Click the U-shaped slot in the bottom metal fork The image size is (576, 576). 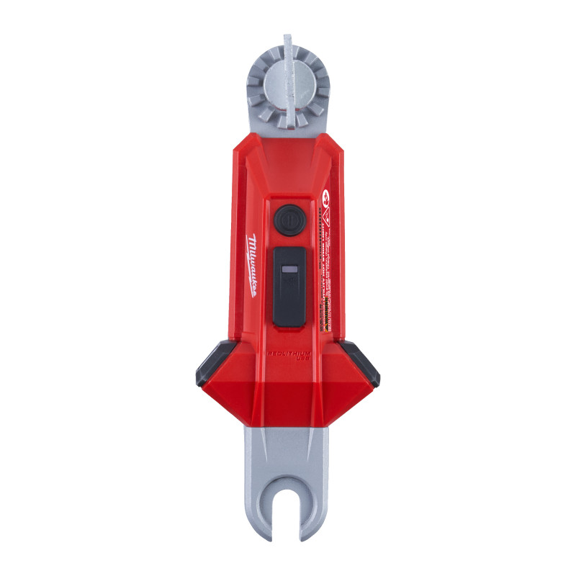tap(288, 508)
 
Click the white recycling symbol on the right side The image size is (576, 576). tap(325, 194)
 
